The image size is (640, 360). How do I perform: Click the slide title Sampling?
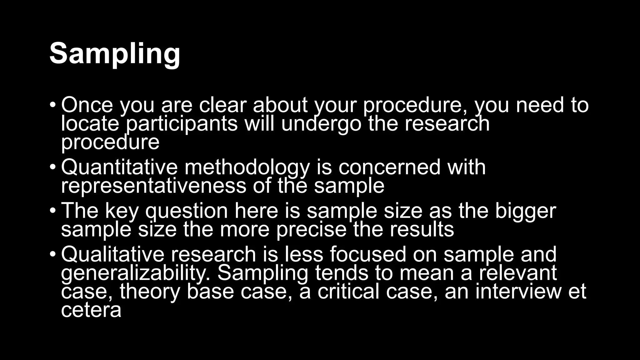[115, 54]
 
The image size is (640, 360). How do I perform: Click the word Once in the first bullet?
[87, 105]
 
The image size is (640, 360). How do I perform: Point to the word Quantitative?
[119, 167]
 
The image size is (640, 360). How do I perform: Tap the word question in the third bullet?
[187, 211]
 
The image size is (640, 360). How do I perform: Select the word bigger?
[525, 211]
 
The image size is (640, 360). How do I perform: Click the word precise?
[311, 230]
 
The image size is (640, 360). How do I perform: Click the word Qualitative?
[112, 254]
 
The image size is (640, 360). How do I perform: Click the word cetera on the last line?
[91, 310]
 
